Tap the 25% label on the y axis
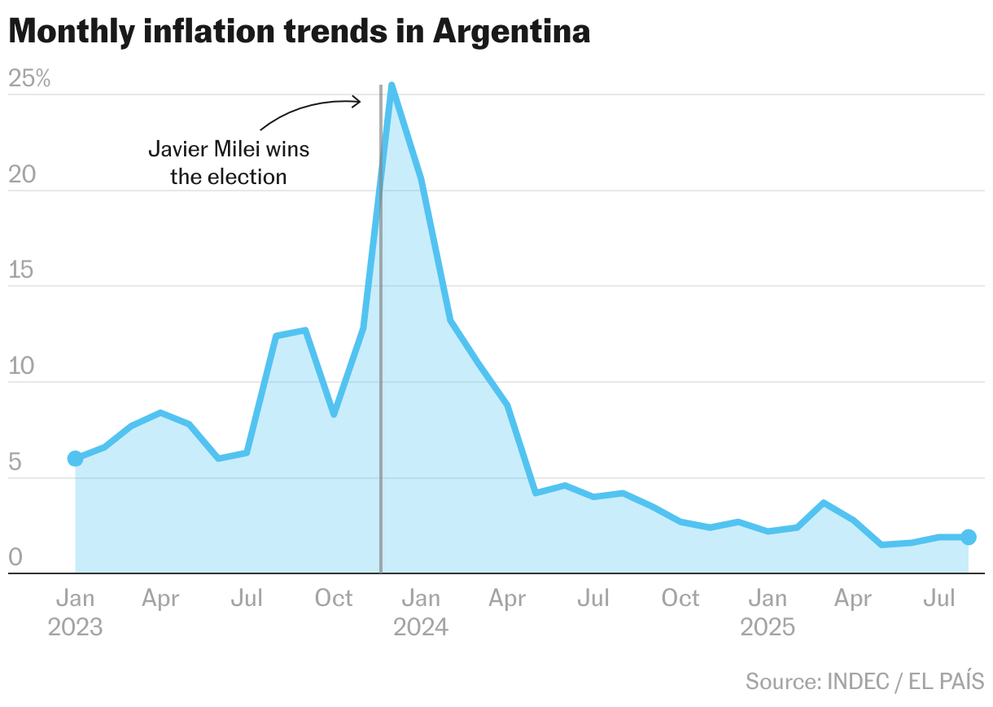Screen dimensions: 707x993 coord(29,79)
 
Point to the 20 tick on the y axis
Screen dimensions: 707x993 coord(23,175)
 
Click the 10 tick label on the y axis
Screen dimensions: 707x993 coord(23,367)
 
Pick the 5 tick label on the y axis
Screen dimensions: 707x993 coord(15,463)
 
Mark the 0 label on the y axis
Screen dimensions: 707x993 coord(15,558)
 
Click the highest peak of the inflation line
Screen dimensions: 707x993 coord(392,86)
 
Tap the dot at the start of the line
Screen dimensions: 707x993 coord(75,459)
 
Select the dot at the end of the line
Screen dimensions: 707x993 coord(969,537)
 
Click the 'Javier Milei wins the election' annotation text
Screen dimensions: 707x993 coord(229,163)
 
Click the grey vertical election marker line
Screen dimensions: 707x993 coord(381,367)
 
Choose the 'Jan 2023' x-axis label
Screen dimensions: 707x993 coord(75,613)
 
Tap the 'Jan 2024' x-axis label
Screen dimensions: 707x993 coord(421,613)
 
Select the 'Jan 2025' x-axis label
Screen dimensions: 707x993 coord(768,613)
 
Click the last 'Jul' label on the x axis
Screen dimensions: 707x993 coord(940,599)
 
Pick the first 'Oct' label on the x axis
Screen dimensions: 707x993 coord(334,599)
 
